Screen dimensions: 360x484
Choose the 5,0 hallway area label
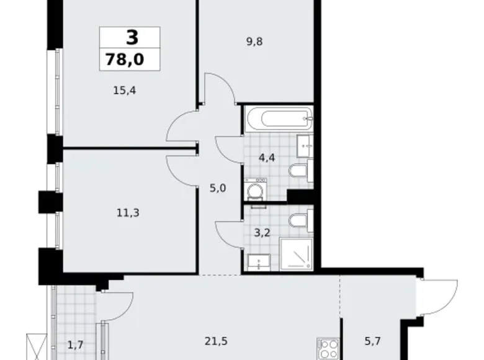tap(217, 187)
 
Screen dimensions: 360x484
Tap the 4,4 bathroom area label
tap(267, 158)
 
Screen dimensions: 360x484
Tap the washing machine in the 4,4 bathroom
tap(255, 189)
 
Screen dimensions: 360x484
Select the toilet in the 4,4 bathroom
tap(301, 170)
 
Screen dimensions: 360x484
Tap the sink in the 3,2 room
tap(255, 261)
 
